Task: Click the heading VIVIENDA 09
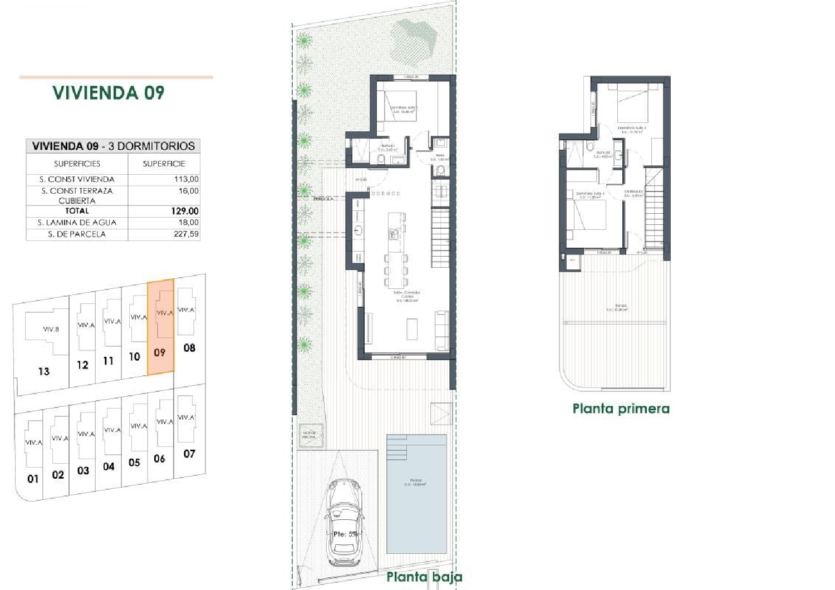(x=109, y=92)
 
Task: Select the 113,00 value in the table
(x=186, y=179)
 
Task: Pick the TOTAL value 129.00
(x=185, y=211)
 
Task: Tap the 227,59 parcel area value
(x=186, y=234)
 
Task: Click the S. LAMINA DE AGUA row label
(x=77, y=223)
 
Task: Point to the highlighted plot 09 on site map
(x=160, y=328)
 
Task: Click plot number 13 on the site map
(x=44, y=371)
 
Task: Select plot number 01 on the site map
(x=33, y=478)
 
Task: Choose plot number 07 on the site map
(x=189, y=454)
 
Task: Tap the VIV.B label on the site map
(x=51, y=329)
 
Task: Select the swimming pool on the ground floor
(x=416, y=494)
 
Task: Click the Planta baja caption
(x=424, y=577)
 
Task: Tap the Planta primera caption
(x=621, y=409)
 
